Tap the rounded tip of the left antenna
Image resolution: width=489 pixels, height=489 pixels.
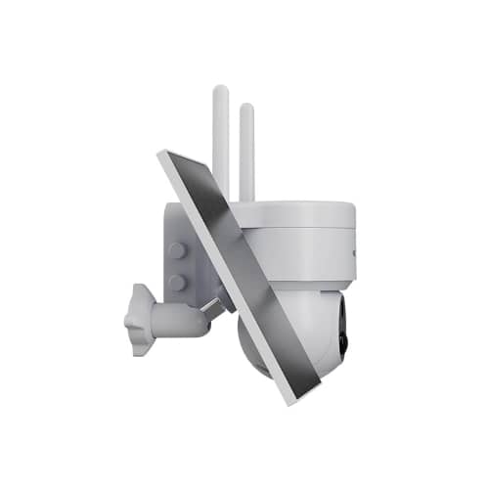[221, 91]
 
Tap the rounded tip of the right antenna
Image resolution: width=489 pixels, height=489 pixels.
[246, 108]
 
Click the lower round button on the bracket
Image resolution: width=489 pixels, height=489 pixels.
[178, 283]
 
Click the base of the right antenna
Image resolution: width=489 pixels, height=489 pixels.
[246, 196]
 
